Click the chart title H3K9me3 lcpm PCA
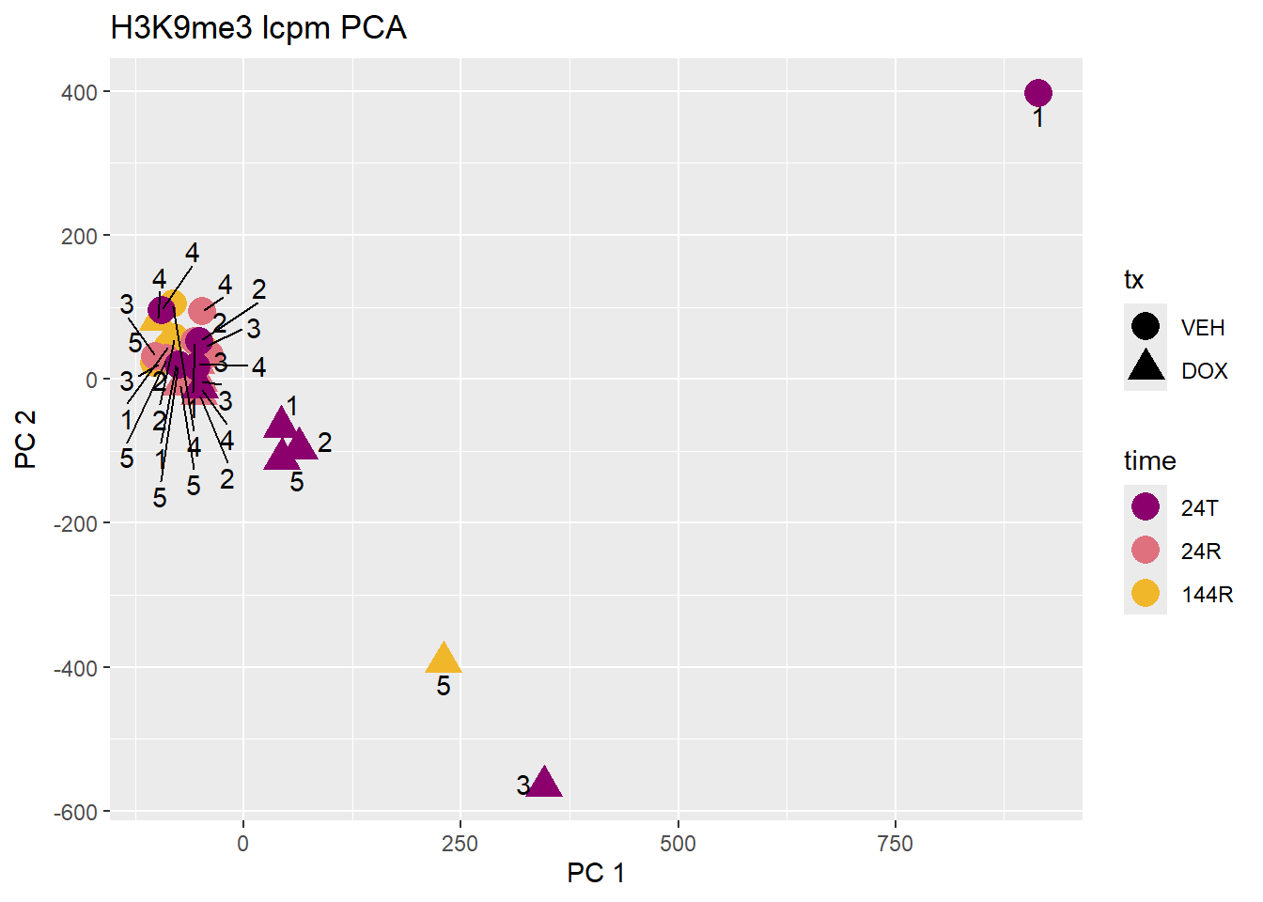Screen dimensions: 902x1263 click(258, 28)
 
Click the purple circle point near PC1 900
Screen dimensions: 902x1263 click(1037, 93)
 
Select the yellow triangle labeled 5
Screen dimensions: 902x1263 click(444, 659)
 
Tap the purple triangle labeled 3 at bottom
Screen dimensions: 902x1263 click(544, 783)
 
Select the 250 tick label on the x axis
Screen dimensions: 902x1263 click(460, 844)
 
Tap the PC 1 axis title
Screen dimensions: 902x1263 click(596, 873)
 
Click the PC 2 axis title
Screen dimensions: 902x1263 click(25, 439)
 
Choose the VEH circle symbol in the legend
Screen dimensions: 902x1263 click(1146, 326)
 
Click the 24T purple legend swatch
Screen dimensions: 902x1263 click(1146, 506)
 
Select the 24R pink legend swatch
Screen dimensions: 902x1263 click(1146, 550)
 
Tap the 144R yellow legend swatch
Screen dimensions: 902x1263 click(1146, 593)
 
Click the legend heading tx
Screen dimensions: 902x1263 click(1133, 280)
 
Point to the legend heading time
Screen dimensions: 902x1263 click(1149, 460)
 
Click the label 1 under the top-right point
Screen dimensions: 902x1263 click(1037, 118)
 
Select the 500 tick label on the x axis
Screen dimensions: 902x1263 click(678, 844)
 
